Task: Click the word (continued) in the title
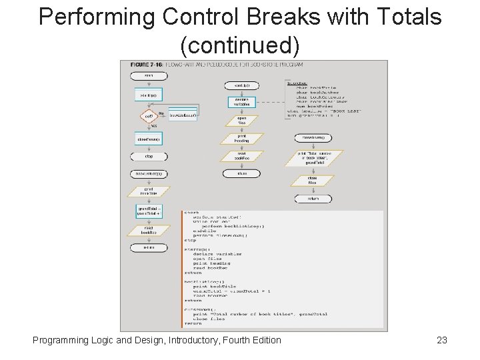pyautogui.click(x=240, y=45)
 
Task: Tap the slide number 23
pyautogui.click(x=441, y=341)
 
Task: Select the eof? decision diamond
pyautogui.click(x=148, y=116)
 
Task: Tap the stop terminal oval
pyautogui.click(x=149, y=157)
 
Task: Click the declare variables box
pyautogui.click(x=241, y=102)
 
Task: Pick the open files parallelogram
pyautogui.click(x=241, y=121)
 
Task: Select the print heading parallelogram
pyautogui.click(x=241, y=139)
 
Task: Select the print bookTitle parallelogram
pyautogui.click(x=149, y=192)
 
